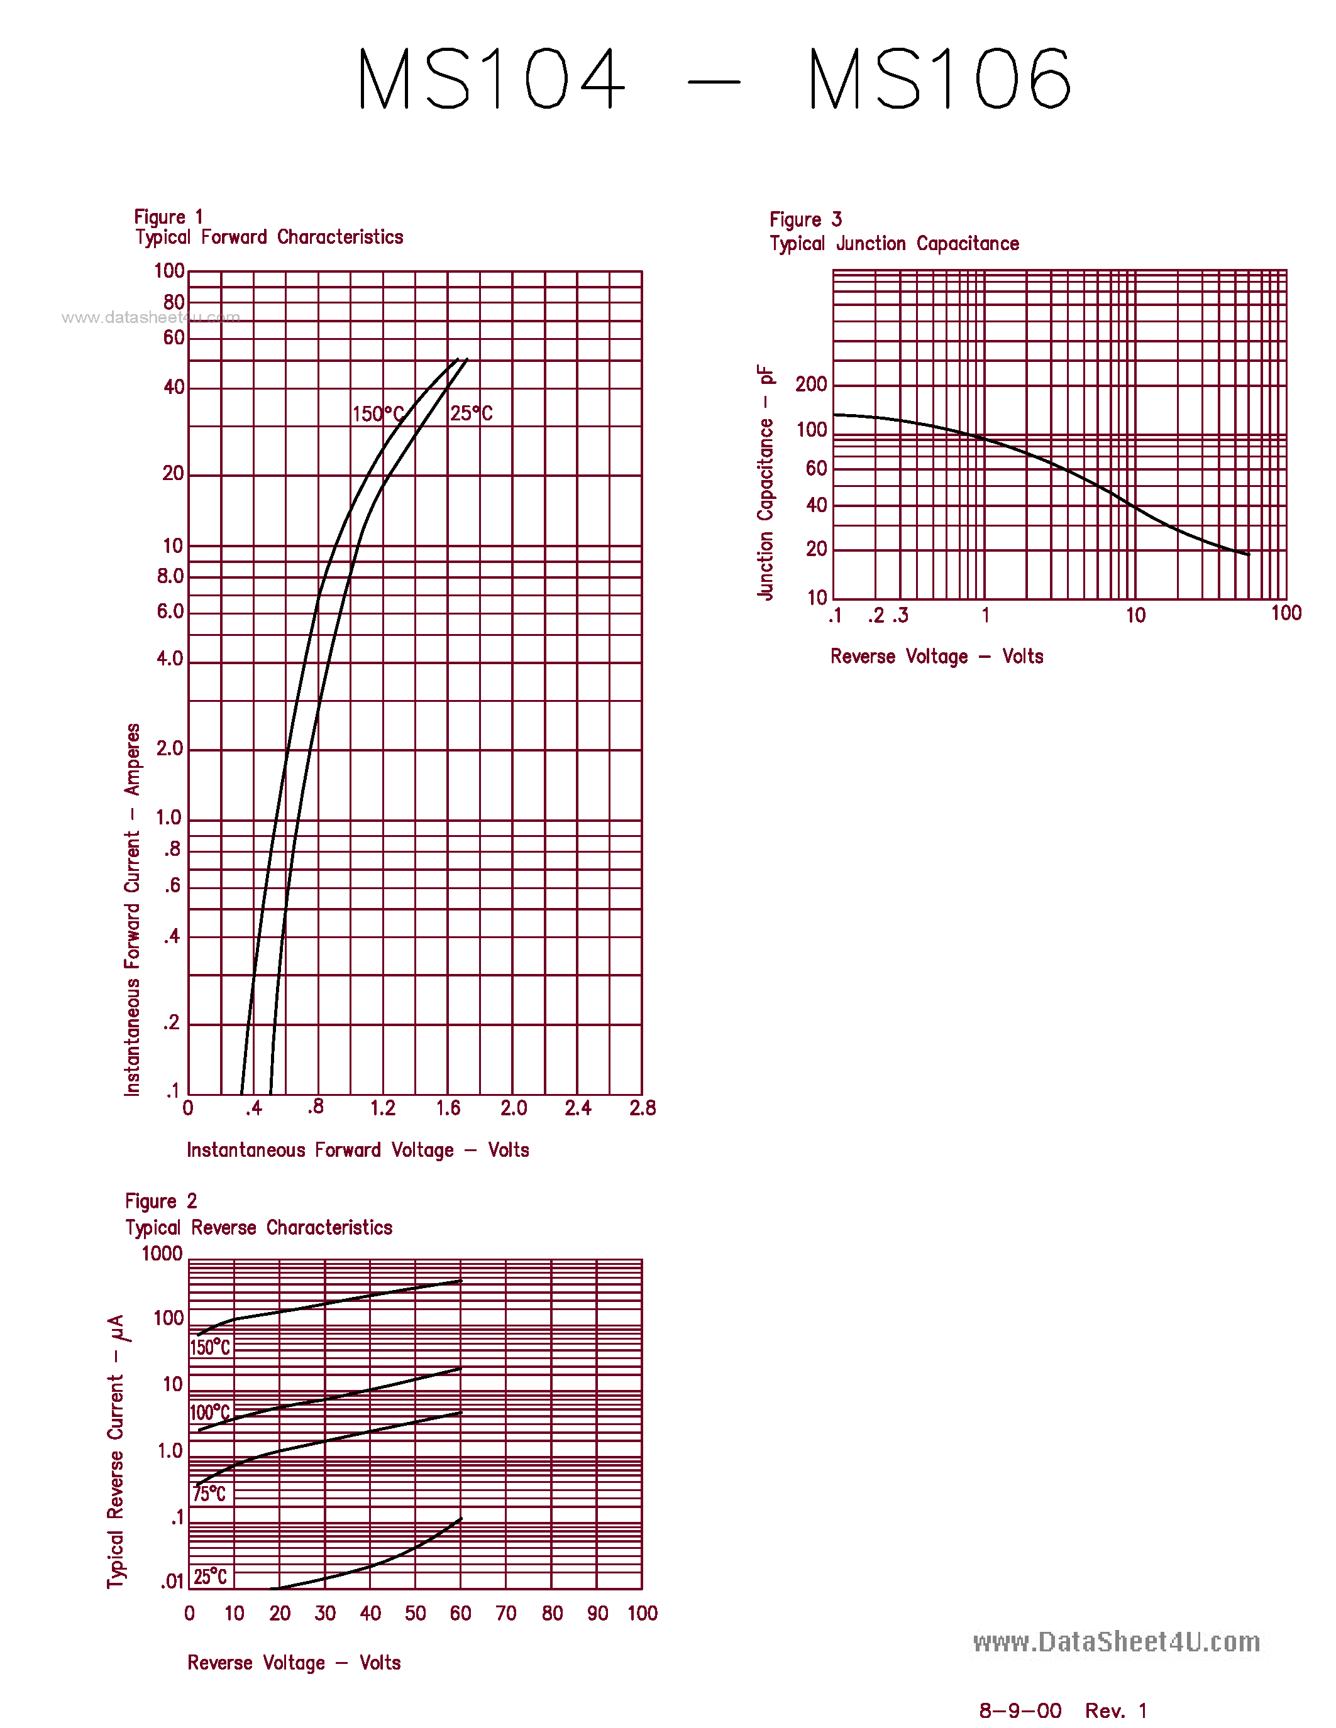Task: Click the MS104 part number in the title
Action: coord(491,79)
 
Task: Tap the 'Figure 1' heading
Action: coord(168,217)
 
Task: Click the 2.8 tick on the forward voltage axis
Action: coord(642,1108)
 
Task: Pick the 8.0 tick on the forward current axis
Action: coord(170,576)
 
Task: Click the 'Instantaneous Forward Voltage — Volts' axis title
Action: coord(358,1150)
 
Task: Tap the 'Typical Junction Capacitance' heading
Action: coord(895,244)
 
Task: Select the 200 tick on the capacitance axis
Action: coord(811,385)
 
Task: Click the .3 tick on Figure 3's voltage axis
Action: coord(901,616)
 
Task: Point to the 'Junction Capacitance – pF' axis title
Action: coord(765,482)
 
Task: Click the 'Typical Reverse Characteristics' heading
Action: coord(259,1227)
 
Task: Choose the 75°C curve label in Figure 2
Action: coord(210,1493)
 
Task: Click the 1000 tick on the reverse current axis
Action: coord(162,1254)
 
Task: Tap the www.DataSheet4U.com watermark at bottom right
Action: coord(1116,1642)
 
